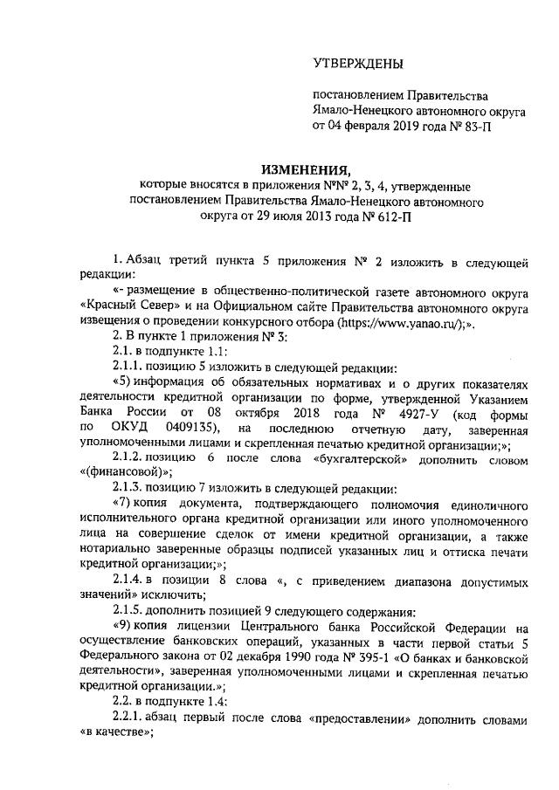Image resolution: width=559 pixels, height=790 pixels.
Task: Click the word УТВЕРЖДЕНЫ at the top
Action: pos(359,63)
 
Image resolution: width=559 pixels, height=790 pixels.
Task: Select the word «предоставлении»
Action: pos(362,717)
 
